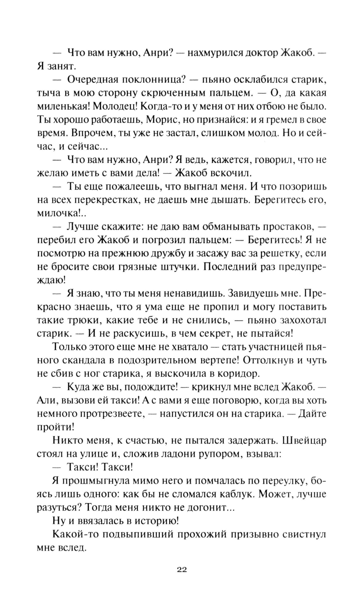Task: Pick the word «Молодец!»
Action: tap(115, 106)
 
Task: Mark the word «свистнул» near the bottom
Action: tap(303, 534)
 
